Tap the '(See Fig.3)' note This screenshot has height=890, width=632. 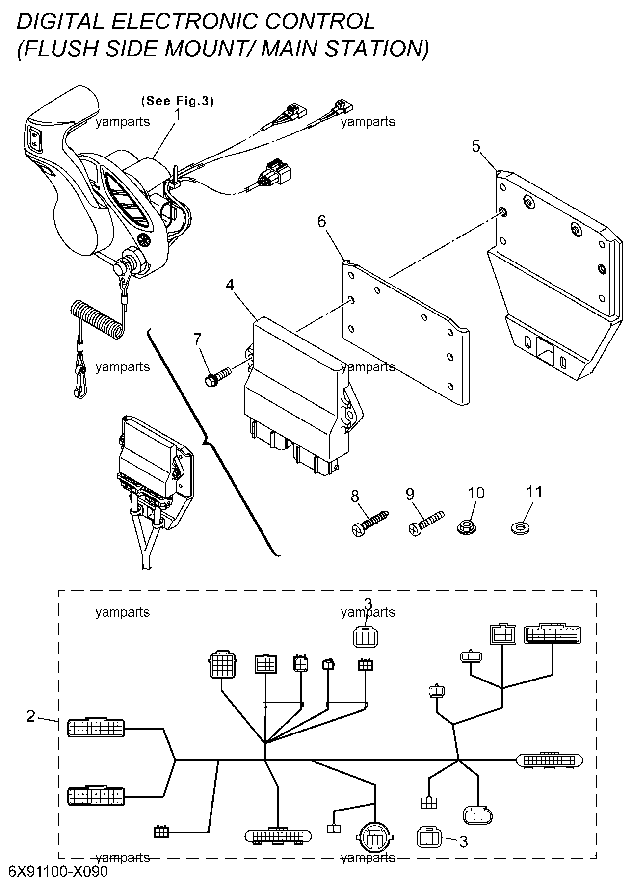click(x=177, y=101)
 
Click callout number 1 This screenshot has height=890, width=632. click(x=178, y=115)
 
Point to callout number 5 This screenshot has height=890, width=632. click(x=476, y=146)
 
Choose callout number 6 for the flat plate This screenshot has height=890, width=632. click(x=321, y=222)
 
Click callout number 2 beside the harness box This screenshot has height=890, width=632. click(x=31, y=717)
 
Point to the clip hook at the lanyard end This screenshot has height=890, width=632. click(x=79, y=382)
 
